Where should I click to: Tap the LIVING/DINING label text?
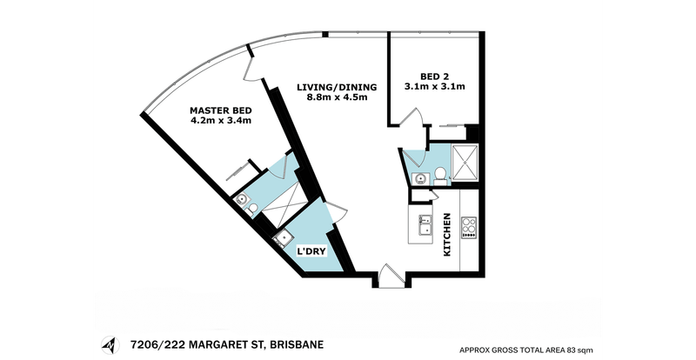[337, 88]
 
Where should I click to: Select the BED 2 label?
[434, 77]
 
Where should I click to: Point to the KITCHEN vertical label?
[447, 235]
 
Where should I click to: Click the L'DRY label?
[311, 251]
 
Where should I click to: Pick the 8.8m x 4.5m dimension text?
[337, 97]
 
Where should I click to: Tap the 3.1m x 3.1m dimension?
[434, 87]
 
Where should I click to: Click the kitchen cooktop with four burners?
[469, 228]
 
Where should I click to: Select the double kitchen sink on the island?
[425, 225]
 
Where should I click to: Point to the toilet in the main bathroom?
[440, 176]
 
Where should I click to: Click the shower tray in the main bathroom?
[465, 163]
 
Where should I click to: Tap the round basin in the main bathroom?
[419, 179]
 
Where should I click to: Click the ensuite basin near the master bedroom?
[242, 200]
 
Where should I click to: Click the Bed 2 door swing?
[412, 117]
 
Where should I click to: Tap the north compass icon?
[110, 345]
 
